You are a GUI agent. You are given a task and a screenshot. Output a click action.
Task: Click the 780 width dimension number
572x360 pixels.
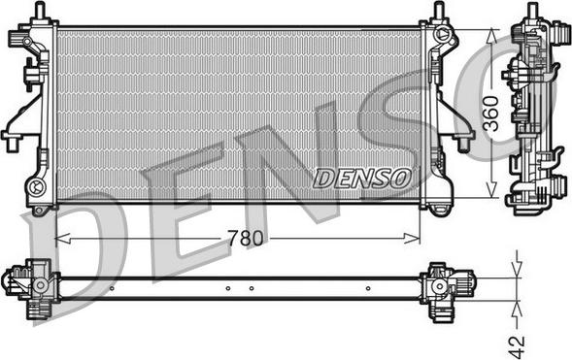click(x=246, y=239)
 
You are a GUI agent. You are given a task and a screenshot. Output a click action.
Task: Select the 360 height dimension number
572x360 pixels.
click(x=491, y=114)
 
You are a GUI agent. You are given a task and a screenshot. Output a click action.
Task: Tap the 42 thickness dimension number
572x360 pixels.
click(x=517, y=346)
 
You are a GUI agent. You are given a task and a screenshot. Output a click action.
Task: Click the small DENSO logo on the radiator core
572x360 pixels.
click(x=362, y=179)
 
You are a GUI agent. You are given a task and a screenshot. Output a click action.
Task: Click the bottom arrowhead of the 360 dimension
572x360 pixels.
click(x=491, y=190)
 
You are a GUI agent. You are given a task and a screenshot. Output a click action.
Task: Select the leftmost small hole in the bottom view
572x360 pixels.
click(x=112, y=288)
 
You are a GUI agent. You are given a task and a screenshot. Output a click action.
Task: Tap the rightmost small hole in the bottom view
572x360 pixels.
click(x=368, y=288)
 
